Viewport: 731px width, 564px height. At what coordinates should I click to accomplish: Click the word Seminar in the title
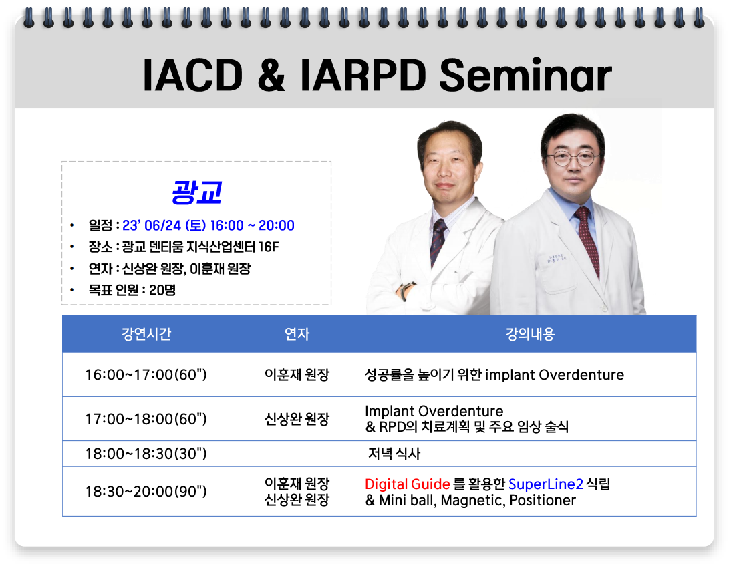pyautogui.click(x=525, y=75)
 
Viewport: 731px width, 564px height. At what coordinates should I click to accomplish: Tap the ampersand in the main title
pyautogui.click(x=271, y=75)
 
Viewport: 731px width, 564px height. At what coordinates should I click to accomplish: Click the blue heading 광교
pyautogui.click(x=196, y=192)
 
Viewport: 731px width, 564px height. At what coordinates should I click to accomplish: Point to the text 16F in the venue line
pyautogui.click(x=269, y=247)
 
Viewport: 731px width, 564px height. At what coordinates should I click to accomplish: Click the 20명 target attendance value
pyautogui.click(x=162, y=290)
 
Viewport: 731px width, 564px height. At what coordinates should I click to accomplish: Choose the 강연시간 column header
pyautogui.click(x=146, y=334)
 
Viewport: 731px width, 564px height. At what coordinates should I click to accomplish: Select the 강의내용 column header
pyautogui.click(x=530, y=334)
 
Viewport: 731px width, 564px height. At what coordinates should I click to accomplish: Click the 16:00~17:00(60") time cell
pyautogui.click(x=146, y=375)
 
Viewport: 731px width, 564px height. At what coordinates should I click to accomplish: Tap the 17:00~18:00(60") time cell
pyautogui.click(x=146, y=419)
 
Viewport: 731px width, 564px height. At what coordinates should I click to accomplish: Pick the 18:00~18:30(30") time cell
pyautogui.click(x=146, y=454)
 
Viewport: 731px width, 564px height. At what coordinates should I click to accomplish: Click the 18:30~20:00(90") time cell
pyautogui.click(x=146, y=491)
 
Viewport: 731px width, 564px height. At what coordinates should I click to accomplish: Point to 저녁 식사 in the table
pyautogui.click(x=394, y=454)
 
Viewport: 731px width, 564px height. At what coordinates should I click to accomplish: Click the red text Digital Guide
pyautogui.click(x=408, y=484)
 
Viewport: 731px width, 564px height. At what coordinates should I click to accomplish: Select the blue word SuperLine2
pyautogui.click(x=545, y=484)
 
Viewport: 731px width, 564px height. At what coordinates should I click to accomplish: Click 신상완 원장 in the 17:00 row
pyautogui.click(x=297, y=419)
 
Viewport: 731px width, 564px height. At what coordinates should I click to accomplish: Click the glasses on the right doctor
pyautogui.click(x=573, y=158)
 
